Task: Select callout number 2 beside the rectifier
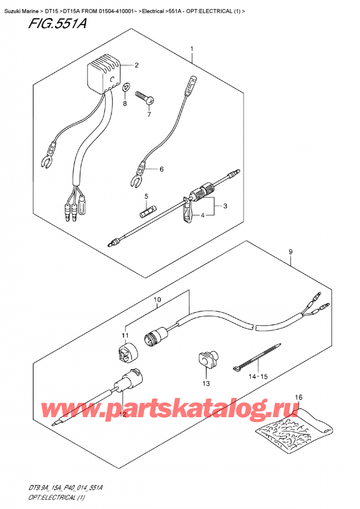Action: tap(136, 65)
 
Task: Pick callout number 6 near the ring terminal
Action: tap(161, 169)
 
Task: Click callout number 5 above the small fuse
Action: tap(146, 196)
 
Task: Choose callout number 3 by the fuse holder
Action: tap(225, 206)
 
